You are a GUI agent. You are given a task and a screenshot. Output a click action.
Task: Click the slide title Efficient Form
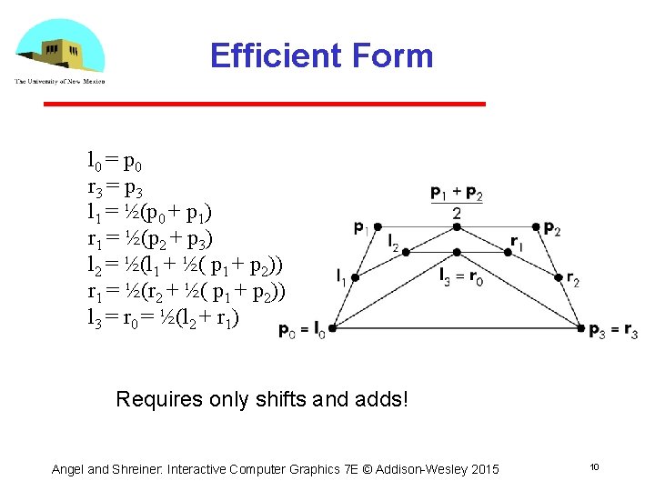[321, 55]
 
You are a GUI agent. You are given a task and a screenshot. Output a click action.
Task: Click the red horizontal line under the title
[265, 104]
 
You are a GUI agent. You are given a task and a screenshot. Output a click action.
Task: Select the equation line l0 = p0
[114, 163]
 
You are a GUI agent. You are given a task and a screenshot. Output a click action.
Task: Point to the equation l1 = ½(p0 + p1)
[149, 214]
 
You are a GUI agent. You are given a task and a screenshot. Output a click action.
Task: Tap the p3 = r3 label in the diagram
[613, 330]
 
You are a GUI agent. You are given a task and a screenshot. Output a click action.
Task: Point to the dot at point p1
[378, 226]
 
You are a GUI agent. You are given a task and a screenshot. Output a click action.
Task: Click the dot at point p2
[537, 226]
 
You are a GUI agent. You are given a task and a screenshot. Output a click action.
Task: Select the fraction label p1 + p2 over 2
[457, 201]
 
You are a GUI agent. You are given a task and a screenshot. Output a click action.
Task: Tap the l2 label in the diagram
[393, 243]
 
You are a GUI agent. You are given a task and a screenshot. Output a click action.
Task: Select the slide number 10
[593, 466]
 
